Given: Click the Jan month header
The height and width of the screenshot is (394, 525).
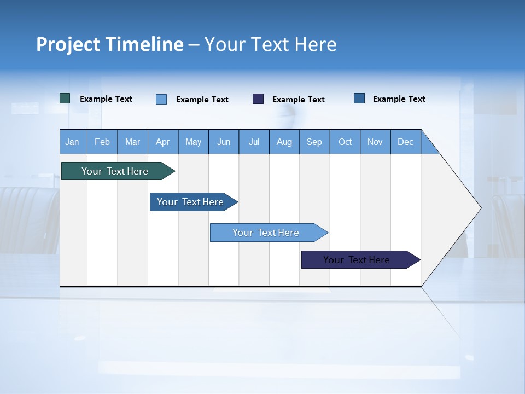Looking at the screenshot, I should (73, 142).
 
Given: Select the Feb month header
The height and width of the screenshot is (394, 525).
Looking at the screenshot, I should (102, 142).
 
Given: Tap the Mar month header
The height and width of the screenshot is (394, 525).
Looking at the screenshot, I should (132, 142).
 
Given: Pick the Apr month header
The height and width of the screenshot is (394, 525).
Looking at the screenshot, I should (163, 142).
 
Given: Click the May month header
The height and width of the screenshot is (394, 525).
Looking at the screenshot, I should (193, 142).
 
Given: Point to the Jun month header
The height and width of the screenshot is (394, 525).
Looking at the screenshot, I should (224, 142).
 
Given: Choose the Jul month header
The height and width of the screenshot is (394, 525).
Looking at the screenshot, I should (254, 142).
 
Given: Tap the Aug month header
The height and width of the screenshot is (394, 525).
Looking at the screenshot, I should (284, 142).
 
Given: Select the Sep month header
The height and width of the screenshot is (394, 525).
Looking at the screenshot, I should (314, 142).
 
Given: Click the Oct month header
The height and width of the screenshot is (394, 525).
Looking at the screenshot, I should (345, 142).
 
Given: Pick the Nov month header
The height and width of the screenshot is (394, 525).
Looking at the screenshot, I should (375, 142).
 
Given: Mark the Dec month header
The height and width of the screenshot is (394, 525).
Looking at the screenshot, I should (406, 142).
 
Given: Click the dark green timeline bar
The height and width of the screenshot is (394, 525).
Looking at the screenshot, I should (115, 171).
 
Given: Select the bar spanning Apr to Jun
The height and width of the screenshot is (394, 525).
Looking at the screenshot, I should (190, 202).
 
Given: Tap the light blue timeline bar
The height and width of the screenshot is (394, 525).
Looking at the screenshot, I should (266, 233).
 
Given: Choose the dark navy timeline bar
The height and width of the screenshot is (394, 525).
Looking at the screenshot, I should (357, 260).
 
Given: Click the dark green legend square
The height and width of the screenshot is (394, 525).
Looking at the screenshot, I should (65, 99).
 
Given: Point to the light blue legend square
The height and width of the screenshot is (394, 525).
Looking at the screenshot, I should (161, 99).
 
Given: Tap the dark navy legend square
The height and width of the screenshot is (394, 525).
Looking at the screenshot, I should (258, 99).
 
